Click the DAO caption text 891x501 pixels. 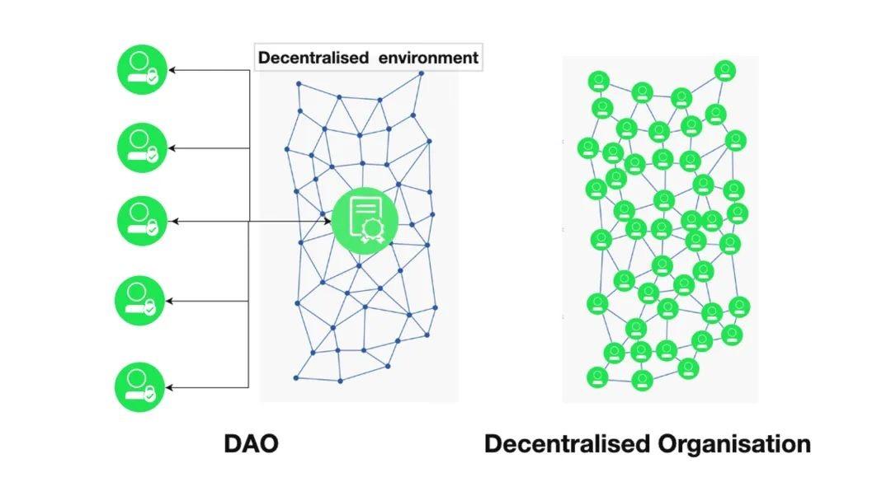click(251, 444)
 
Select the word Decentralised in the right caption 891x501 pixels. click(567, 444)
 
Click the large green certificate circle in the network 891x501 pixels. click(365, 220)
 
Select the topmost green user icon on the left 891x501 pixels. click(142, 70)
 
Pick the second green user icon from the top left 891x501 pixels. click(142, 147)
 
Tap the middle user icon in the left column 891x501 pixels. click(142, 221)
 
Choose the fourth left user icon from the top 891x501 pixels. click(142, 301)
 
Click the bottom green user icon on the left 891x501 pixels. click(142, 387)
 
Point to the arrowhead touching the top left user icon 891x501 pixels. click(172, 70)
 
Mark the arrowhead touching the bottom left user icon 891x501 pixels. click(172, 387)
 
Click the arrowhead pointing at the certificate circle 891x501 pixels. click(327, 221)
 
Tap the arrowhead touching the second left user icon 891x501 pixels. click(172, 148)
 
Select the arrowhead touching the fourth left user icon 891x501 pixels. click(172, 301)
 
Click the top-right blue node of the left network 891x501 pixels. click(421, 73)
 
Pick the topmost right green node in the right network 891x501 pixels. click(724, 70)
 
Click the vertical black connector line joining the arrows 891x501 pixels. click(249, 264)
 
